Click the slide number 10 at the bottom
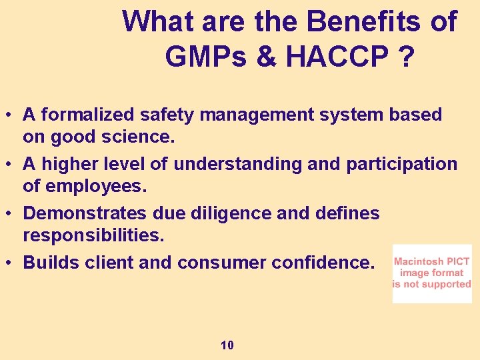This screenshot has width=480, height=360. (x=227, y=345)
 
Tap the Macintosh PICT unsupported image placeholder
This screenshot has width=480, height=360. (x=431, y=273)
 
